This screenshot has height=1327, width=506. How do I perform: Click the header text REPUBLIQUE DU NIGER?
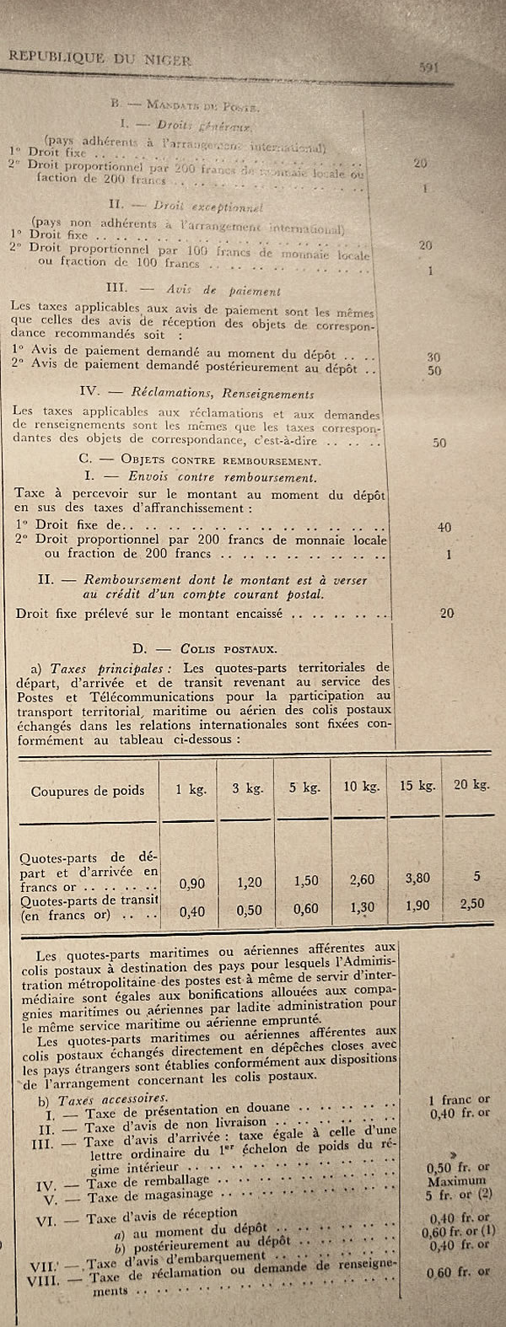[x=100, y=58]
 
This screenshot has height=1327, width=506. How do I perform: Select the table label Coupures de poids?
[x=88, y=791]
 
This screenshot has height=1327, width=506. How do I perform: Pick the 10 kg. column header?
[x=360, y=787]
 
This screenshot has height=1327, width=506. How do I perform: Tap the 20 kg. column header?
[x=471, y=784]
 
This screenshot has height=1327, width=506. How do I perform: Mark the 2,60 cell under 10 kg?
[x=360, y=879]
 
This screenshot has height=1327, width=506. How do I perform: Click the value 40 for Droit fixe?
[x=444, y=528]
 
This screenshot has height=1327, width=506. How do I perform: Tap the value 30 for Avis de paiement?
[x=433, y=357]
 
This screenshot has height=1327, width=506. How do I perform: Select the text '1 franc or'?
[x=459, y=1099]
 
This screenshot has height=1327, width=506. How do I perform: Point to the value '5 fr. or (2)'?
[x=460, y=1194]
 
